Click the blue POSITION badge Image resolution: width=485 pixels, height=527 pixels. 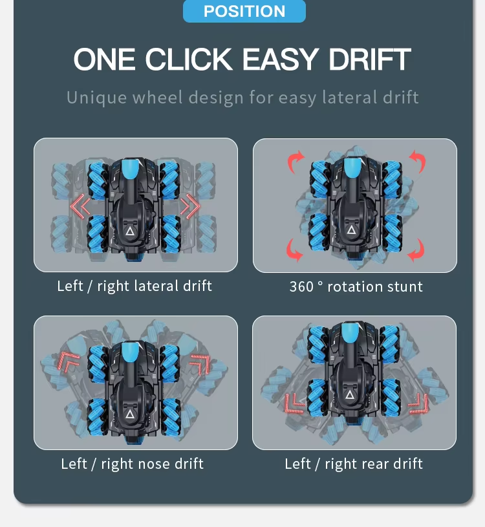(x=244, y=11)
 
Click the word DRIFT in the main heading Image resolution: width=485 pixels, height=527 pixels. (x=370, y=59)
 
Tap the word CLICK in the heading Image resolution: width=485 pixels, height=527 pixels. (x=189, y=59)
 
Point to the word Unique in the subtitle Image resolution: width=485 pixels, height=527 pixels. (x=97, y=98)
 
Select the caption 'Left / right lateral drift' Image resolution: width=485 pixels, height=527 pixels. (x=135, y=286)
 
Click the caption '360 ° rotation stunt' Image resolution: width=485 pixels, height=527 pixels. (x=356, y=286)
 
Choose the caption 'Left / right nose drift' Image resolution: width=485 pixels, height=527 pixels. (x=132, y=464)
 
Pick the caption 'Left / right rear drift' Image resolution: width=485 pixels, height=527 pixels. (x=354, y=464)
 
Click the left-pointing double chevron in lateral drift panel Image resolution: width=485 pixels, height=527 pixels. (x=80, y=206)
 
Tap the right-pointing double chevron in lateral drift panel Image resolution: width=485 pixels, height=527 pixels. (x=190, y=206)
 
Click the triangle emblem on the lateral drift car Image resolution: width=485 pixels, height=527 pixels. (x=130, y=231)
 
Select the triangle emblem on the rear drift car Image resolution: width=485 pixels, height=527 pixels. (x=350, y=394)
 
